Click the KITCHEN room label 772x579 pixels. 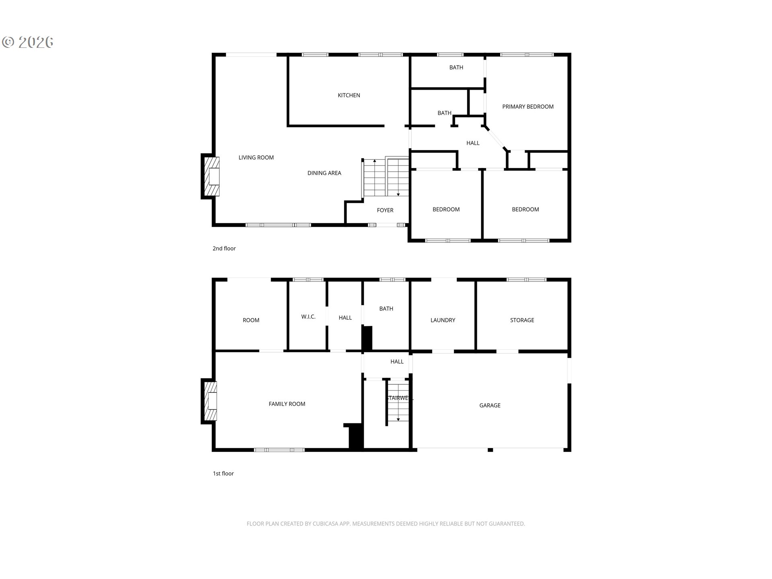[349, 95]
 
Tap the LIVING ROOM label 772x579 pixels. [256, 158]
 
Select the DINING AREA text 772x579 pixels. [324, 173]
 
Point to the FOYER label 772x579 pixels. [385, 210]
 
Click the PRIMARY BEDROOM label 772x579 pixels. [528, 107]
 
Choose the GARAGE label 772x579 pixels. [490, 405]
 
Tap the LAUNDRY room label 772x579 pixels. [443, 320]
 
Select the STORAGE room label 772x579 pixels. [522, 320]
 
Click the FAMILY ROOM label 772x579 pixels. [287, 404]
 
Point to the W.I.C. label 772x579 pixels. [308, 317]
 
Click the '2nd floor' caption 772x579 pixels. [224, 248]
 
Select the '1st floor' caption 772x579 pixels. [223, 474]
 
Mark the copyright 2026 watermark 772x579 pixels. [28, 42]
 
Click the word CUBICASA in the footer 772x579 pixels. [326, 524]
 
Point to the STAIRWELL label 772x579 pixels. [399, 398]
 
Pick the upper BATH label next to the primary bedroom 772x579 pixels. [456, 68]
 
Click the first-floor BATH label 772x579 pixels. [386, 309]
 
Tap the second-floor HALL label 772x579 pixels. [473, 143]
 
